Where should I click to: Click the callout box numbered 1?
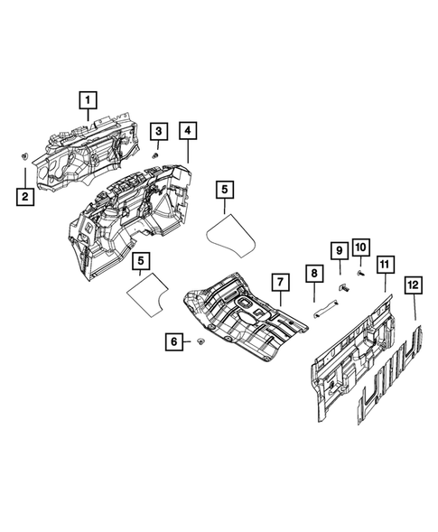point(89,99)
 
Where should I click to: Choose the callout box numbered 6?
point(173,342)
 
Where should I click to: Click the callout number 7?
point(279,282)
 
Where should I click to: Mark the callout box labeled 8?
point(313,272)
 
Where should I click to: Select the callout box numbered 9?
point(340,248)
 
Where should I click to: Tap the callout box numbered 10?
point(360,247)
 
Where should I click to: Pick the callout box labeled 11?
point(385,264)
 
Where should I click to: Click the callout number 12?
point(415,287)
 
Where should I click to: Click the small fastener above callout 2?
point(21,158)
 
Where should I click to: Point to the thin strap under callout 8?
point(321,313)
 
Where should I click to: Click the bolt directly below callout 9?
point(343,287)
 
